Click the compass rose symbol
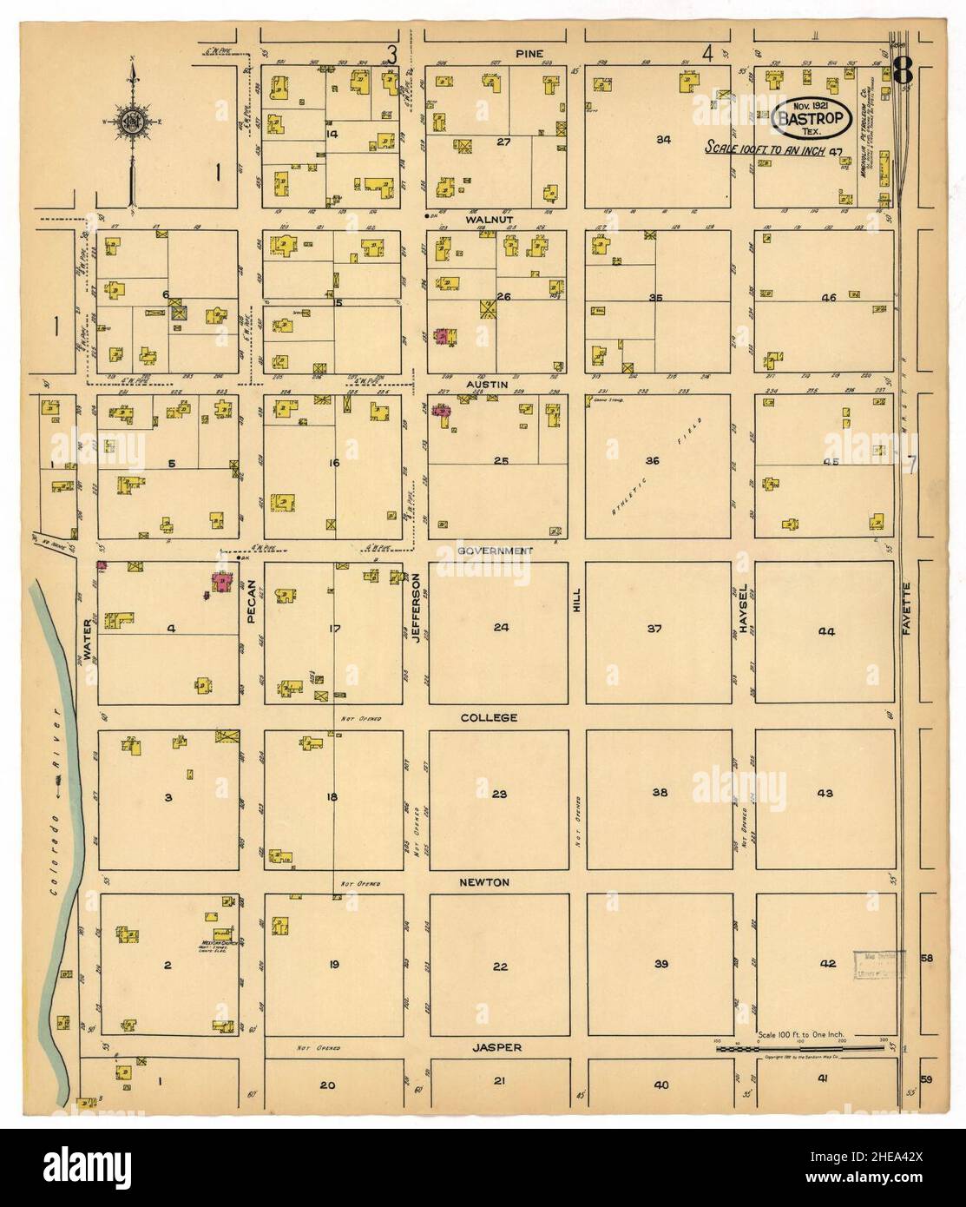tap(132, 119)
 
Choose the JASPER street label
tap(497, 1047)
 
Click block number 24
tap(501, 627)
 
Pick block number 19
tap(333, 963)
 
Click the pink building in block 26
tap(444, 337)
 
